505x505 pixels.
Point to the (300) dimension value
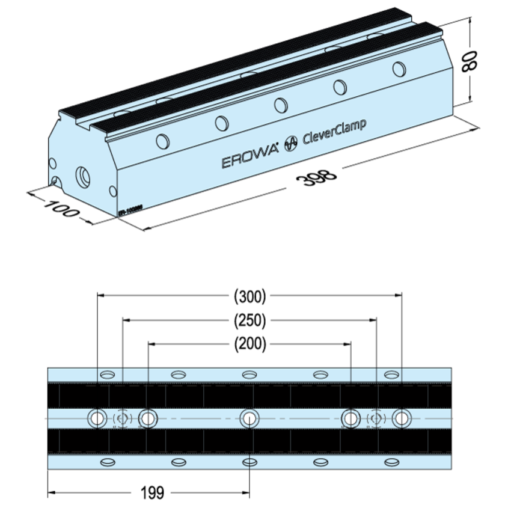249,295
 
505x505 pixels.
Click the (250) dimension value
249,320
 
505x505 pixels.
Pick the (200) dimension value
249,344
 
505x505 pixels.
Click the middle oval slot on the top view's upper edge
249,375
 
